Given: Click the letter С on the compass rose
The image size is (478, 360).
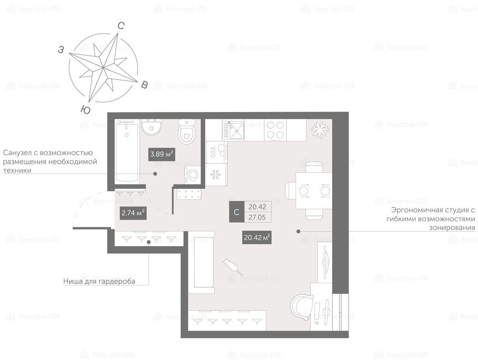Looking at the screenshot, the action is [x=121, y=26].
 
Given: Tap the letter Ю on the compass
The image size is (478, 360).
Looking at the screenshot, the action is [x=86, y=110].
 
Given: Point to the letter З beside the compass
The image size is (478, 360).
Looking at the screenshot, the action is [x=61, y=49].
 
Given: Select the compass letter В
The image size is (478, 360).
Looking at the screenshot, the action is [x=144, y=85].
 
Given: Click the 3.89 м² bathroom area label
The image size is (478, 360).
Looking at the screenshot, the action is [x=161, y=154].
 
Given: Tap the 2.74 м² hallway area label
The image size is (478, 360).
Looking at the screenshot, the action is [x=133, y=213].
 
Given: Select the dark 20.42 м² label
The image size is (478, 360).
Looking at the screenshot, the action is [x=257, y=237].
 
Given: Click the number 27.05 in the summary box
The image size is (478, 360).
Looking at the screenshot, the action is [x=257, y=217].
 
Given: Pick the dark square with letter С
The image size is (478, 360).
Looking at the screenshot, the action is [x=236, y=212].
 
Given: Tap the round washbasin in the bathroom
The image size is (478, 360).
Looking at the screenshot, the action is [x=151, y=127].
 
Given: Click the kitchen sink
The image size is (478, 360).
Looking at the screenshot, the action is [x=233, y=130].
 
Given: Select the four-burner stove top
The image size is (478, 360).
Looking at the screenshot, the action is [x=275, y=130].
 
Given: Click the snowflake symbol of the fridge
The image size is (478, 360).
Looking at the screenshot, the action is [x=216, y=174].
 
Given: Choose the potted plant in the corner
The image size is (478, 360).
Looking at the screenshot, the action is [x=320, y=129].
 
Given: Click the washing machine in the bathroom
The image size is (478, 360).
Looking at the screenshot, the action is [x=192, y=175].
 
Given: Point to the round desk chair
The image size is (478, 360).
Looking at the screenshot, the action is [x=302, y=307].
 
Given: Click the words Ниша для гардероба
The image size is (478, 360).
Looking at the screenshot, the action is [x=99, y=281].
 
